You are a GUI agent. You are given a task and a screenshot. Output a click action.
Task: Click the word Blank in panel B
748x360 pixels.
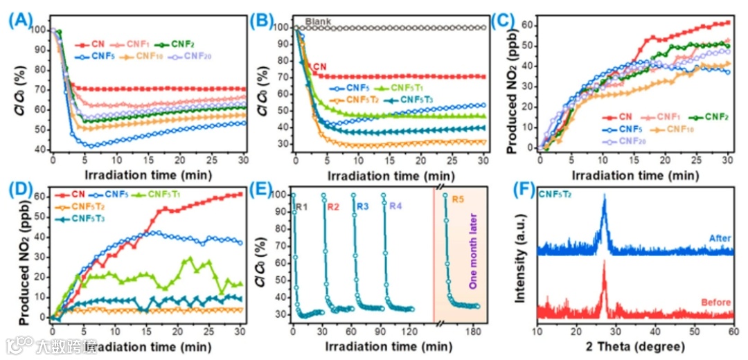(x=319, y=21)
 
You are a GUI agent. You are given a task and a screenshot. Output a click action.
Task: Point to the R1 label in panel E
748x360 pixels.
(x=301, y=206)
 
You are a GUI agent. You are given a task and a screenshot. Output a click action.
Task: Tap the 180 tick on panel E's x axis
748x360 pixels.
(x=474, y=330)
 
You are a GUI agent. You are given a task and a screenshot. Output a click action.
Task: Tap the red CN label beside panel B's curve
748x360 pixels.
(x=319, y=66)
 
